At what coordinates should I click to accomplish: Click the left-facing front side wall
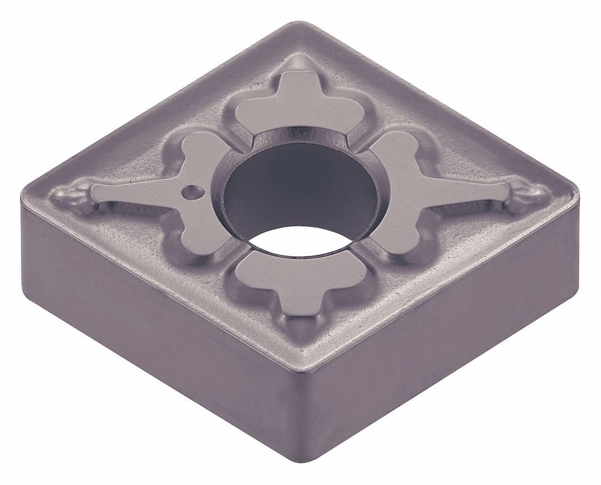pos(160,342)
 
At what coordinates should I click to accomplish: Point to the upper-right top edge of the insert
pos(443,101)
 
